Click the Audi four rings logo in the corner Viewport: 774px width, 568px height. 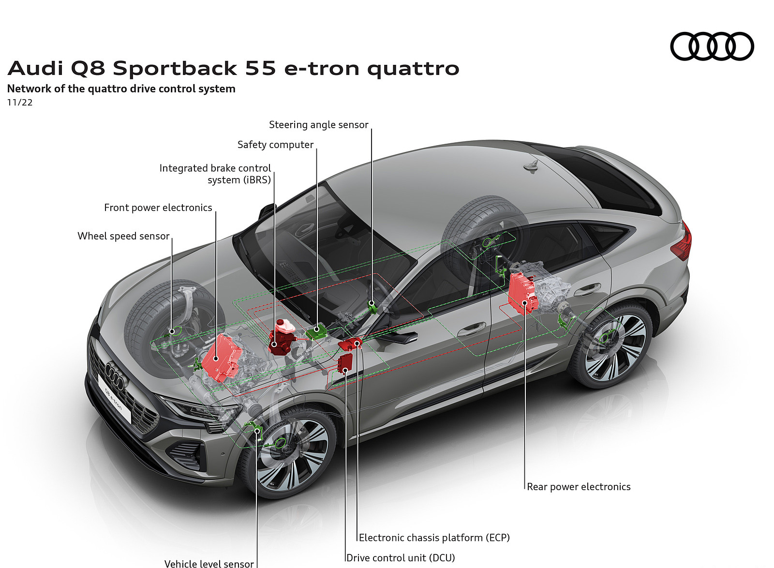[712, 46]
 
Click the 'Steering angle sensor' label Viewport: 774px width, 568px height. [318, 125]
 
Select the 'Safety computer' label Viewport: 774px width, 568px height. [275, 145]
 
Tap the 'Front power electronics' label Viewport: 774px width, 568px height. [158, 208]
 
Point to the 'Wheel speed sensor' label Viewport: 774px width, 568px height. [123, 236]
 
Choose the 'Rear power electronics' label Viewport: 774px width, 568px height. [579, 487]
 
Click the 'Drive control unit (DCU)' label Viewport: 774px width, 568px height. [401, 558]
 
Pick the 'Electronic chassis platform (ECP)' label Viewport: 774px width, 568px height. [434, 538]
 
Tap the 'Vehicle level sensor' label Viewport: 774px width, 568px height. [209, 563]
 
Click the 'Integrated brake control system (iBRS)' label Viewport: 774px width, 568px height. [216, 174]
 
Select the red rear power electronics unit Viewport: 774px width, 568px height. [522, 293]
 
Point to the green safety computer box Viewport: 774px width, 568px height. [316, 331]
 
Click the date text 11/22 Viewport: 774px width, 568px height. [20, 102]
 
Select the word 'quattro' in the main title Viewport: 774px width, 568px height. [413, 69]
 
